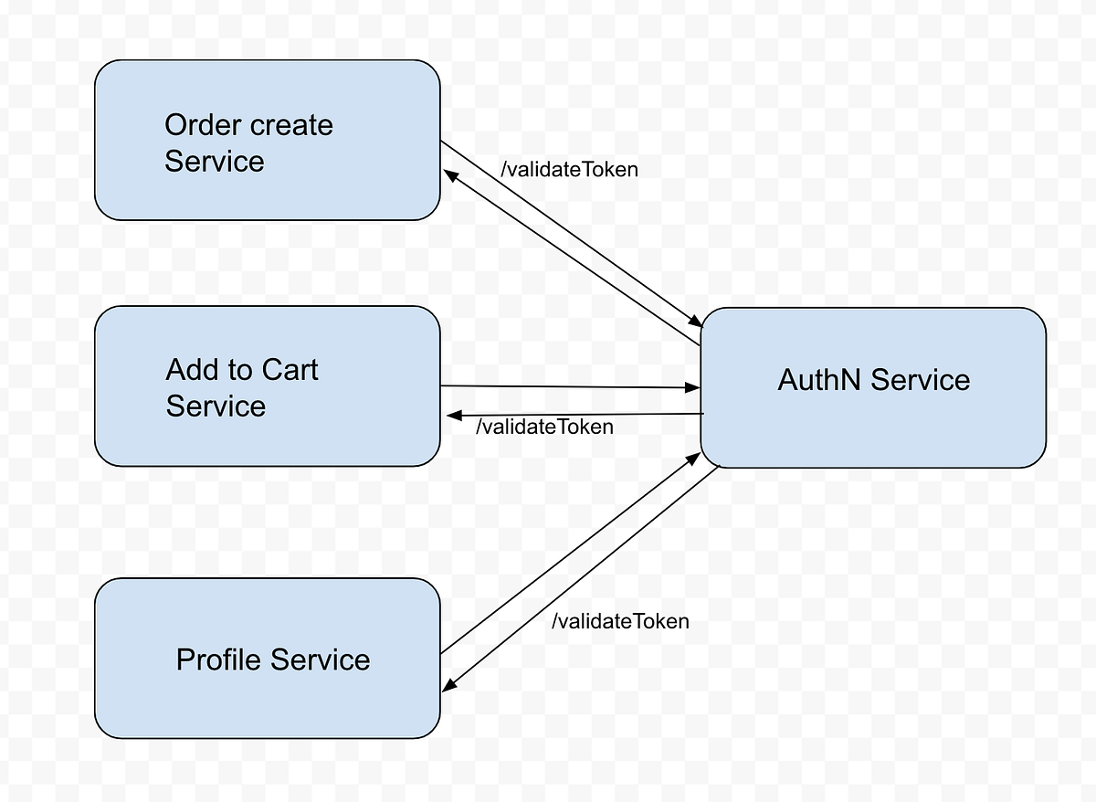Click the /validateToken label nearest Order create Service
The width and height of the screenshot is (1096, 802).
[569, 170]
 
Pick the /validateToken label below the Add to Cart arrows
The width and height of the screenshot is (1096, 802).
[545, 427]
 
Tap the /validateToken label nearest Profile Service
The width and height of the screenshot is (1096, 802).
[620, 621]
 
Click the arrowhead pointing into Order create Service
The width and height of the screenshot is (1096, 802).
[449, 174]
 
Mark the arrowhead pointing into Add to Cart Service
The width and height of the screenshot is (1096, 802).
[452, 417]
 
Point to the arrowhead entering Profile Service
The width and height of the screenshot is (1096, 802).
[448, 687]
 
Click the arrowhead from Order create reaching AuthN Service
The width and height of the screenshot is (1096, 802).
[696, 322]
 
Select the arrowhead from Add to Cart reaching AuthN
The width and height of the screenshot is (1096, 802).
[694, 388]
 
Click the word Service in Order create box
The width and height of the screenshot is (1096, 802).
[215, 162]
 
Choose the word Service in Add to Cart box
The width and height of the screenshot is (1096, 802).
[216, 406]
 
